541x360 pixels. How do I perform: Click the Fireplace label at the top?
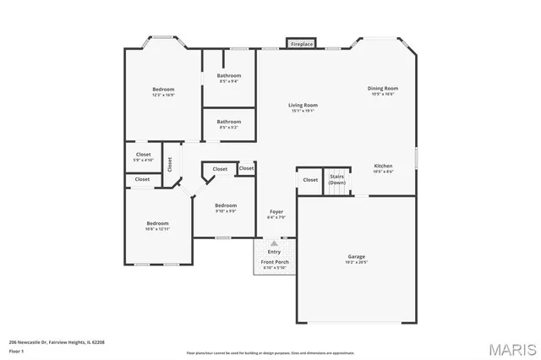pos(302,43)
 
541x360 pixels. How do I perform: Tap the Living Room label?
pos(303,105)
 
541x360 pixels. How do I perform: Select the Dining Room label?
pos(382,88)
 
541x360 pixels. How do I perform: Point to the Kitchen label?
pos(383,166)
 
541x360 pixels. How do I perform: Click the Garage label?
pos(356,256)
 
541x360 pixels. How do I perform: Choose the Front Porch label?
pos(274,262)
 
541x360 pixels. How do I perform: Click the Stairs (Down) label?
pos(336,179)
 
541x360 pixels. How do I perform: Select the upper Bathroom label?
pos(228,75)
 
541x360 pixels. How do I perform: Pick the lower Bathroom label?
pos(228,121)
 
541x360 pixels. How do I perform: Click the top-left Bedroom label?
pos(163,90)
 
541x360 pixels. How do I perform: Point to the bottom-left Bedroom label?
pos(157,223)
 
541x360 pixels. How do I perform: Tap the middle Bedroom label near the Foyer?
pos(225,205)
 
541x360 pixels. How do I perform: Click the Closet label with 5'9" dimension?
pos(143,155)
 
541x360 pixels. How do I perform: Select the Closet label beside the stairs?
pos(310,179)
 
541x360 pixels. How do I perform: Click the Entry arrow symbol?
pos(274,243)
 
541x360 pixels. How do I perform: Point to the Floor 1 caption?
pos(16,351)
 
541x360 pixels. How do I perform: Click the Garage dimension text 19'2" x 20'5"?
pos(356,262)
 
